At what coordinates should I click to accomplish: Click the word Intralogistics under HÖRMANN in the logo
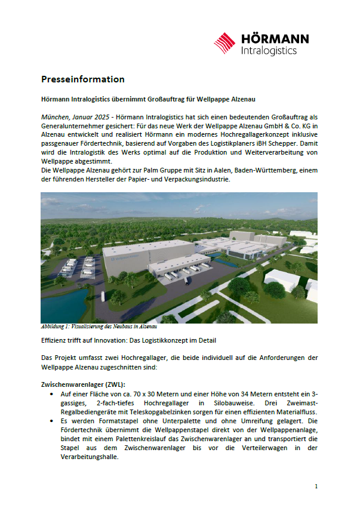(268, 51)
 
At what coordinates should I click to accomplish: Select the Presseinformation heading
(82, 79)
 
